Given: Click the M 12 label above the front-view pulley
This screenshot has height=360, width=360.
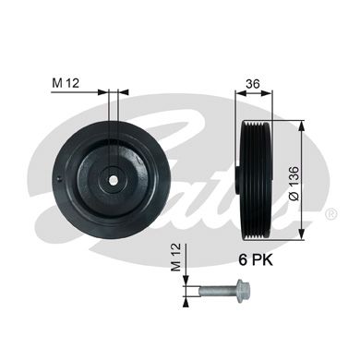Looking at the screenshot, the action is click(66, 83).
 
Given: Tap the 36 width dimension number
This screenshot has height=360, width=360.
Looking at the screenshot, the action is click(253, 84).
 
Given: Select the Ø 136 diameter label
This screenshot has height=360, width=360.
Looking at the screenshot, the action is click(294, 184).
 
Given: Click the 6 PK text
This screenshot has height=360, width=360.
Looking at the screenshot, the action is click(256, 260).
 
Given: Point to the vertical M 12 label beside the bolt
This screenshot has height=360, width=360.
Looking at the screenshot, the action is click(176, 258).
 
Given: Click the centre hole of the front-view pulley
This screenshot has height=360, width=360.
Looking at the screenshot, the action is click(114, 180).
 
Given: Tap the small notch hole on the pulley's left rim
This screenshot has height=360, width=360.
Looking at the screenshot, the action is click(60, 178).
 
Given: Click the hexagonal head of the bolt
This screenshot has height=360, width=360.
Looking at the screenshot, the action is click(243, 290).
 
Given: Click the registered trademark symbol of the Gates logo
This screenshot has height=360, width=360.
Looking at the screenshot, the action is click(330, 214).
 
